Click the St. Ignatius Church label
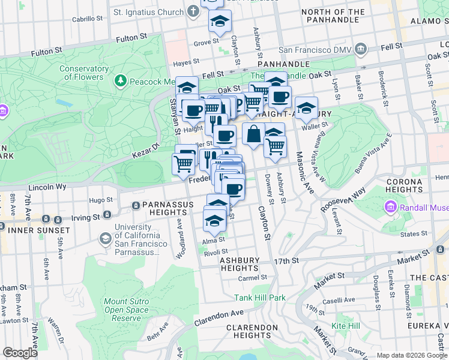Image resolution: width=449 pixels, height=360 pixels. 148,11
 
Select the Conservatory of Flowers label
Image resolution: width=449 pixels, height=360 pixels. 83,73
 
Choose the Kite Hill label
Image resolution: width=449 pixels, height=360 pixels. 346,326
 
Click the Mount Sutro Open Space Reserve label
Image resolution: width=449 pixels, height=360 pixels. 126,310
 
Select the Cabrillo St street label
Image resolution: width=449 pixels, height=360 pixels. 88,19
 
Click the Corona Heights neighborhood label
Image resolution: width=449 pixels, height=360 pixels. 408,185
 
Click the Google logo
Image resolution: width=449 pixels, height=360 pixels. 20,352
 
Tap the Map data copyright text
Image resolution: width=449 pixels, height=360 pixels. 412,355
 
